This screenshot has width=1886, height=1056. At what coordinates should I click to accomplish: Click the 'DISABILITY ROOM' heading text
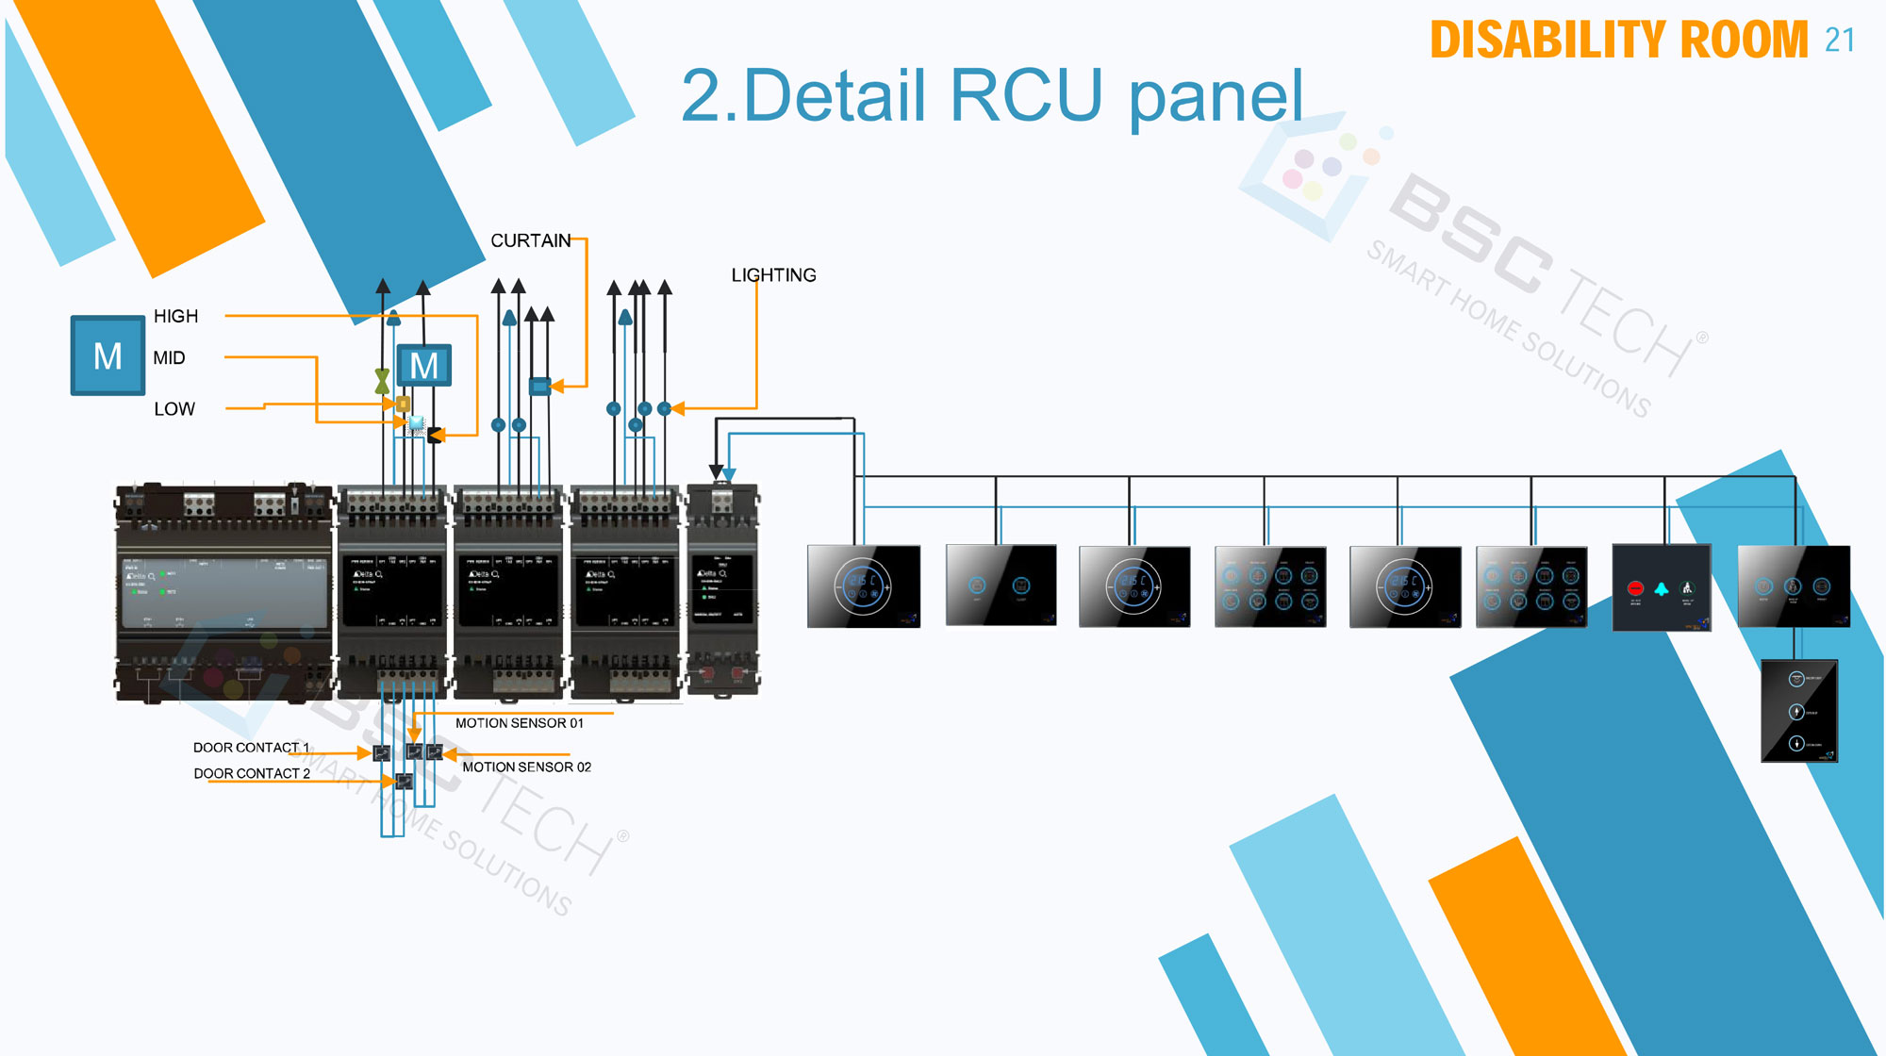[1618, 41]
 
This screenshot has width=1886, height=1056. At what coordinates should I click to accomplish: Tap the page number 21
[1839, 41]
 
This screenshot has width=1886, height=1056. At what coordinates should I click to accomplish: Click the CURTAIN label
[530, 240]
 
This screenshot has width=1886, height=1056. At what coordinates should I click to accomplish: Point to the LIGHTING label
[773, 275]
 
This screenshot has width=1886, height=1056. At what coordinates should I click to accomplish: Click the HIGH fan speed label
[175, 316]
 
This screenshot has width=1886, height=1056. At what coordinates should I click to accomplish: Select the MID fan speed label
[169, 358]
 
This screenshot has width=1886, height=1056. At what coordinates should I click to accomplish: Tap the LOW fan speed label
[174, 409]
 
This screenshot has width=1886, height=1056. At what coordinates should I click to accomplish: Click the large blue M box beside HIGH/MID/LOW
[108, 355]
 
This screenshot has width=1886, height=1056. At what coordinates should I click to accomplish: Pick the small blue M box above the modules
[423, 366]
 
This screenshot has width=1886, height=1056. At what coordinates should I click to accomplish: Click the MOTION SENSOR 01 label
[519, 723]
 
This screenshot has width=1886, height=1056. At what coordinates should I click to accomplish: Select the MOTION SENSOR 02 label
[526, 767]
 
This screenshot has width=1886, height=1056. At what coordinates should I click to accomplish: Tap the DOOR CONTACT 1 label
[251, 748]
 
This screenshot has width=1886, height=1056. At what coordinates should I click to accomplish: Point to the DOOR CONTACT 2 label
[252, 773]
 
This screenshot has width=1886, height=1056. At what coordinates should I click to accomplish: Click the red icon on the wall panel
[1635, 588]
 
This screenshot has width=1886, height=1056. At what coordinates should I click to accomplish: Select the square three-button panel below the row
[1798, 711]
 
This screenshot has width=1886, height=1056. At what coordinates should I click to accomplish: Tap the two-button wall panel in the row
[1000, 586]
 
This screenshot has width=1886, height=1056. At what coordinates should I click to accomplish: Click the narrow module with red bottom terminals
[722, 590]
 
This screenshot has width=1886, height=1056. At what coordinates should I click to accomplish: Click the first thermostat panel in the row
[863, 586]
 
